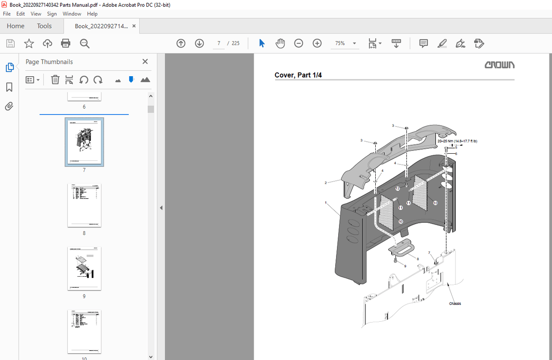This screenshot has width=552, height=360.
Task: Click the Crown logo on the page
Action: pos(499,65)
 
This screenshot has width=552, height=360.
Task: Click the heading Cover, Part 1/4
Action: pos(298,75)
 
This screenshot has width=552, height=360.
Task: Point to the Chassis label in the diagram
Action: pos(455,304)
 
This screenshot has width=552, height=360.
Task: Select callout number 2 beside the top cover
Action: pos(326,183)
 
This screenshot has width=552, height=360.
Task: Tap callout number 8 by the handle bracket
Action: pos(417,258)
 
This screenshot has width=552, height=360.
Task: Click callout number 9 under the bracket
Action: pos(405,266)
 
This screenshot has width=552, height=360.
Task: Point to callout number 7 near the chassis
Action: pos(429,253)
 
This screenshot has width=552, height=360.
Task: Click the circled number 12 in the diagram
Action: pos(398,189)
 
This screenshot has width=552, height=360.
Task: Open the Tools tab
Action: pos(44,26)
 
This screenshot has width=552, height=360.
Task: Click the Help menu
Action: pos(92,14)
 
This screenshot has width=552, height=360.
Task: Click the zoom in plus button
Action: pos(317,43)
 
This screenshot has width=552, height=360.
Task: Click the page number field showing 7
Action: pos(219,43)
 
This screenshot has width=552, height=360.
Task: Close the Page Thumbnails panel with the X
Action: pos(145,62)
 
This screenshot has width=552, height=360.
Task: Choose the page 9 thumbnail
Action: pos(84,269)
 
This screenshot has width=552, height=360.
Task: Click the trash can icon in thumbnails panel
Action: pos(55,80)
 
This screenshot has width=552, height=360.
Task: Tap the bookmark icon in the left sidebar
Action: pos(9,87)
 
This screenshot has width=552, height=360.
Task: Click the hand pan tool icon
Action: pos(280,43)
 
